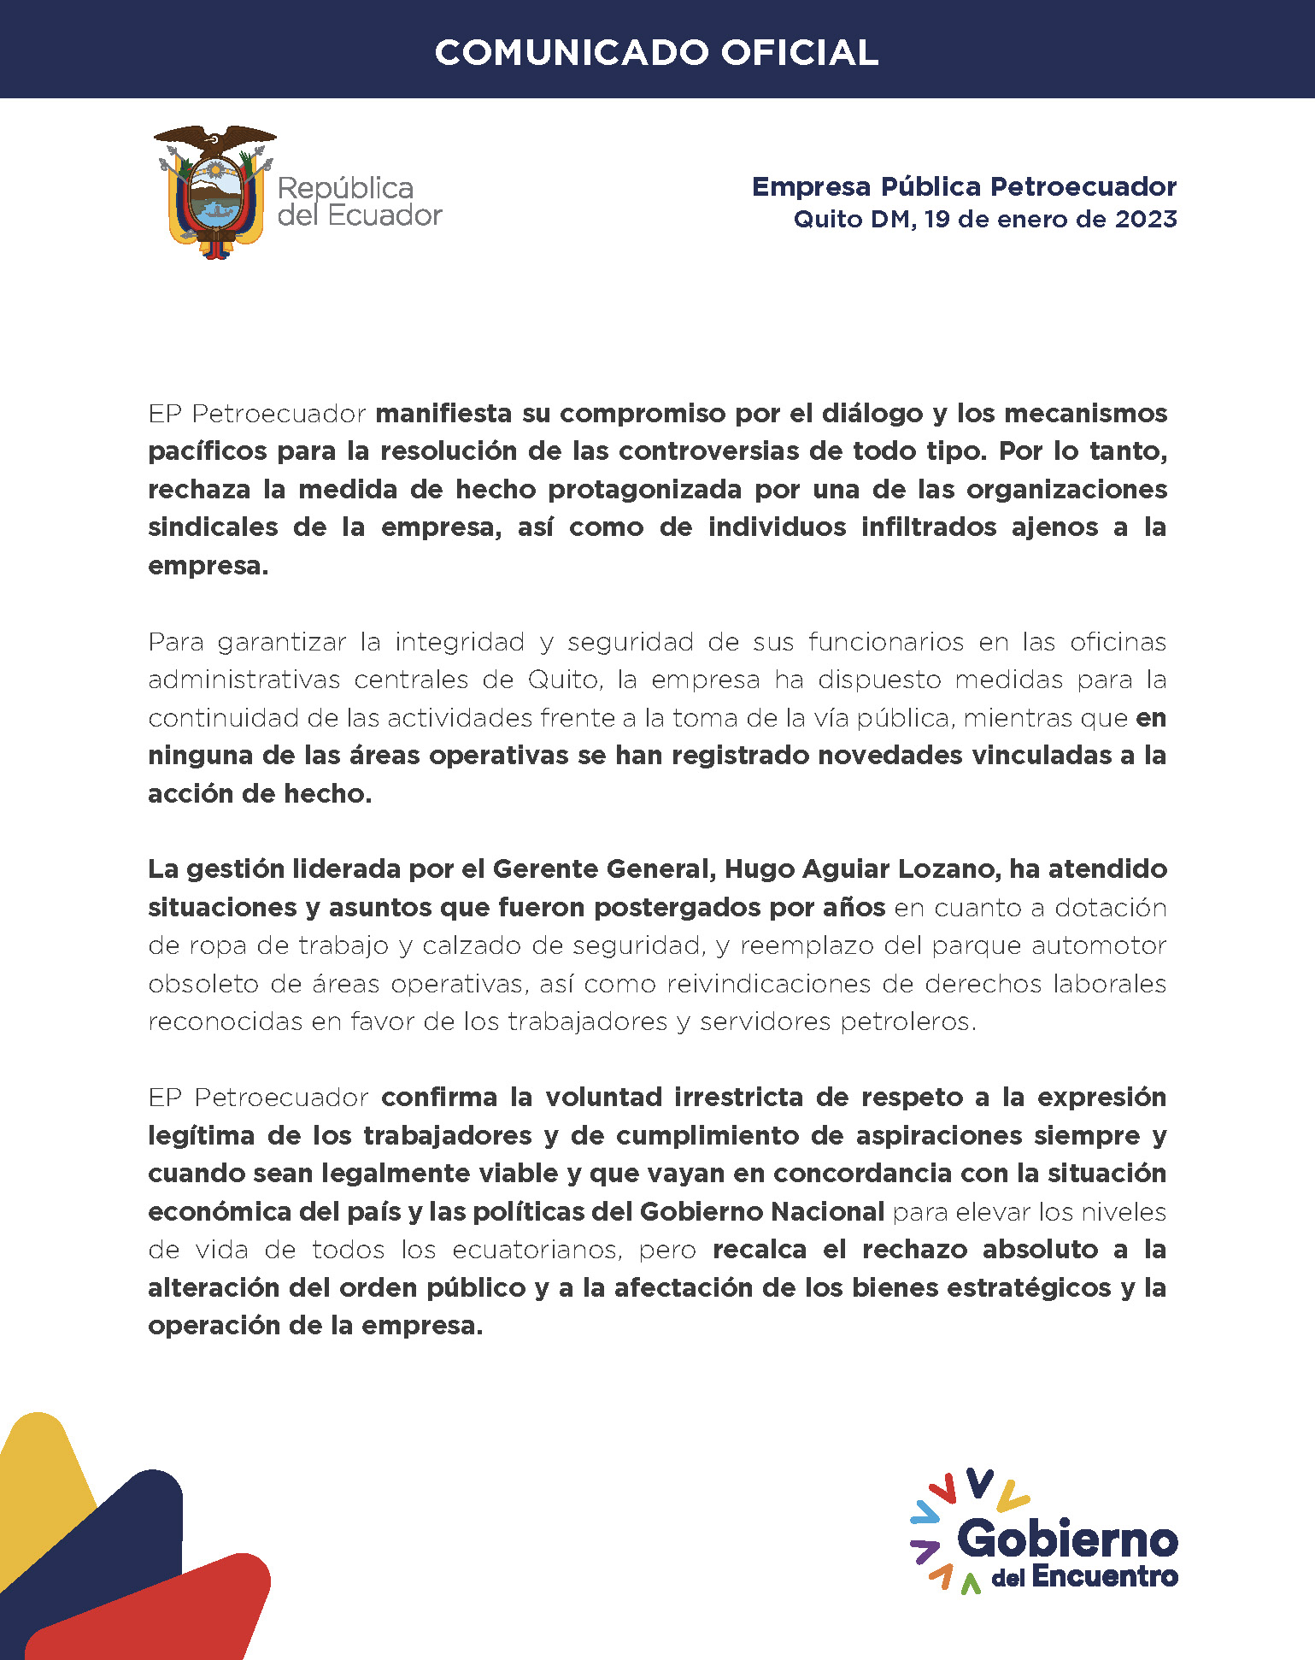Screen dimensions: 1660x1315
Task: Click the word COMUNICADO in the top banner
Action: click(x=571, y=53)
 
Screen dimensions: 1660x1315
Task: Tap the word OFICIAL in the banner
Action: click(x=800, y=53)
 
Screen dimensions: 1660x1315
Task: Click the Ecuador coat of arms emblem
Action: click(x=214, y=191)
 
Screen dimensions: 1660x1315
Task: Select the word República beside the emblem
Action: click(x=345, y=188)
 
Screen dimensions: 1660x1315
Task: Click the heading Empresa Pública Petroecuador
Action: click(x=964, y=186)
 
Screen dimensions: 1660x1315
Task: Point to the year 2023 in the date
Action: click(x=1146, y=220)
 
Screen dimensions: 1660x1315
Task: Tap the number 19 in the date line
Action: click(x=936, y=220)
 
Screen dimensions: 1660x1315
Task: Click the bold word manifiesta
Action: click(x=443, y=414)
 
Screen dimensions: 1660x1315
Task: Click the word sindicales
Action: click(x=213, y=527)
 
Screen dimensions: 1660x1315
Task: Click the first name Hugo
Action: click(x=756, y=869)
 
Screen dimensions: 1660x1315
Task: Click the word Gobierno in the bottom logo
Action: click(x=1068, y=1539)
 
